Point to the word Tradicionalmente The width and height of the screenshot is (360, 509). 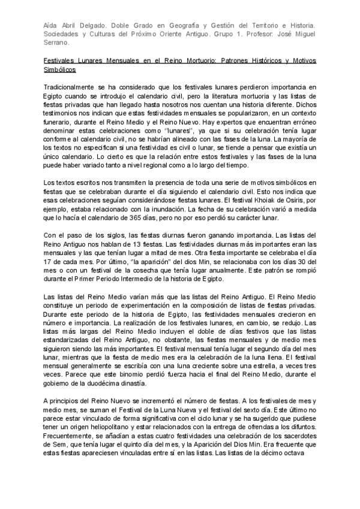(73, 88)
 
